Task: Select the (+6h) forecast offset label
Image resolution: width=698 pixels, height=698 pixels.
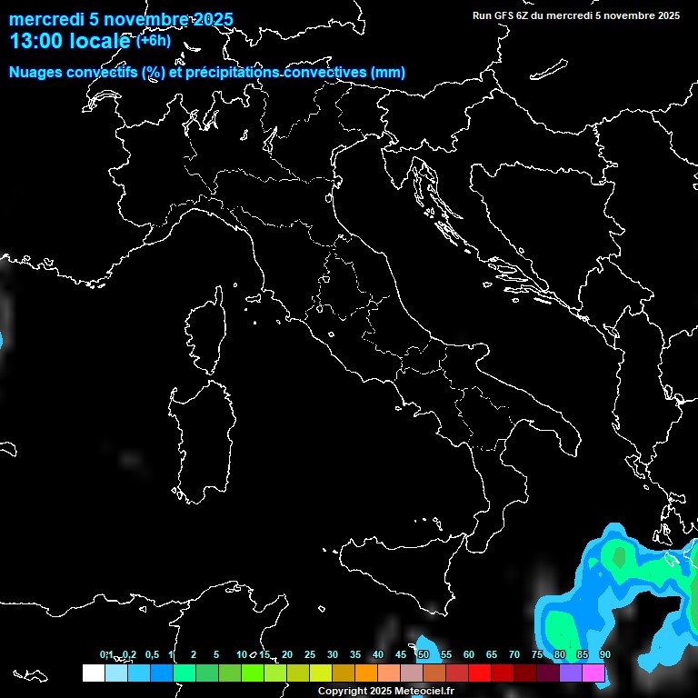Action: coord(154,41)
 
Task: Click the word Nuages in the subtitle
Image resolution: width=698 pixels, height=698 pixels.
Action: coord(35,72)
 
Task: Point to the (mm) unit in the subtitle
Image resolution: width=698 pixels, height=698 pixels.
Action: coord(388,72)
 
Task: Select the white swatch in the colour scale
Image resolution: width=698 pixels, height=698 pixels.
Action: coord(93,673)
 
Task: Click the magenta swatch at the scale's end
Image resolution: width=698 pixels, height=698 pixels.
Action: coord(593,673)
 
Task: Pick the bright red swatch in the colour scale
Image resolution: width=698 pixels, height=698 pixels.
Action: coord(480,673)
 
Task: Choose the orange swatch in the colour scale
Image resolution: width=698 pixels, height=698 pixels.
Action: coord(365,673)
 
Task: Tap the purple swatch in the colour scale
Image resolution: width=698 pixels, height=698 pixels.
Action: coord(571,673)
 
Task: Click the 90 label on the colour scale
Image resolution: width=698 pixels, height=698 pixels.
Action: coord(605,655)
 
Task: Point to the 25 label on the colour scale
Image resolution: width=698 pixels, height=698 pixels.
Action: coord(309,655)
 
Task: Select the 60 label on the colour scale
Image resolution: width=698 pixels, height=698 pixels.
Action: coord(468,655)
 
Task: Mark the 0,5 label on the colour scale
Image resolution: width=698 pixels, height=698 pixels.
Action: coord(151,655)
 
